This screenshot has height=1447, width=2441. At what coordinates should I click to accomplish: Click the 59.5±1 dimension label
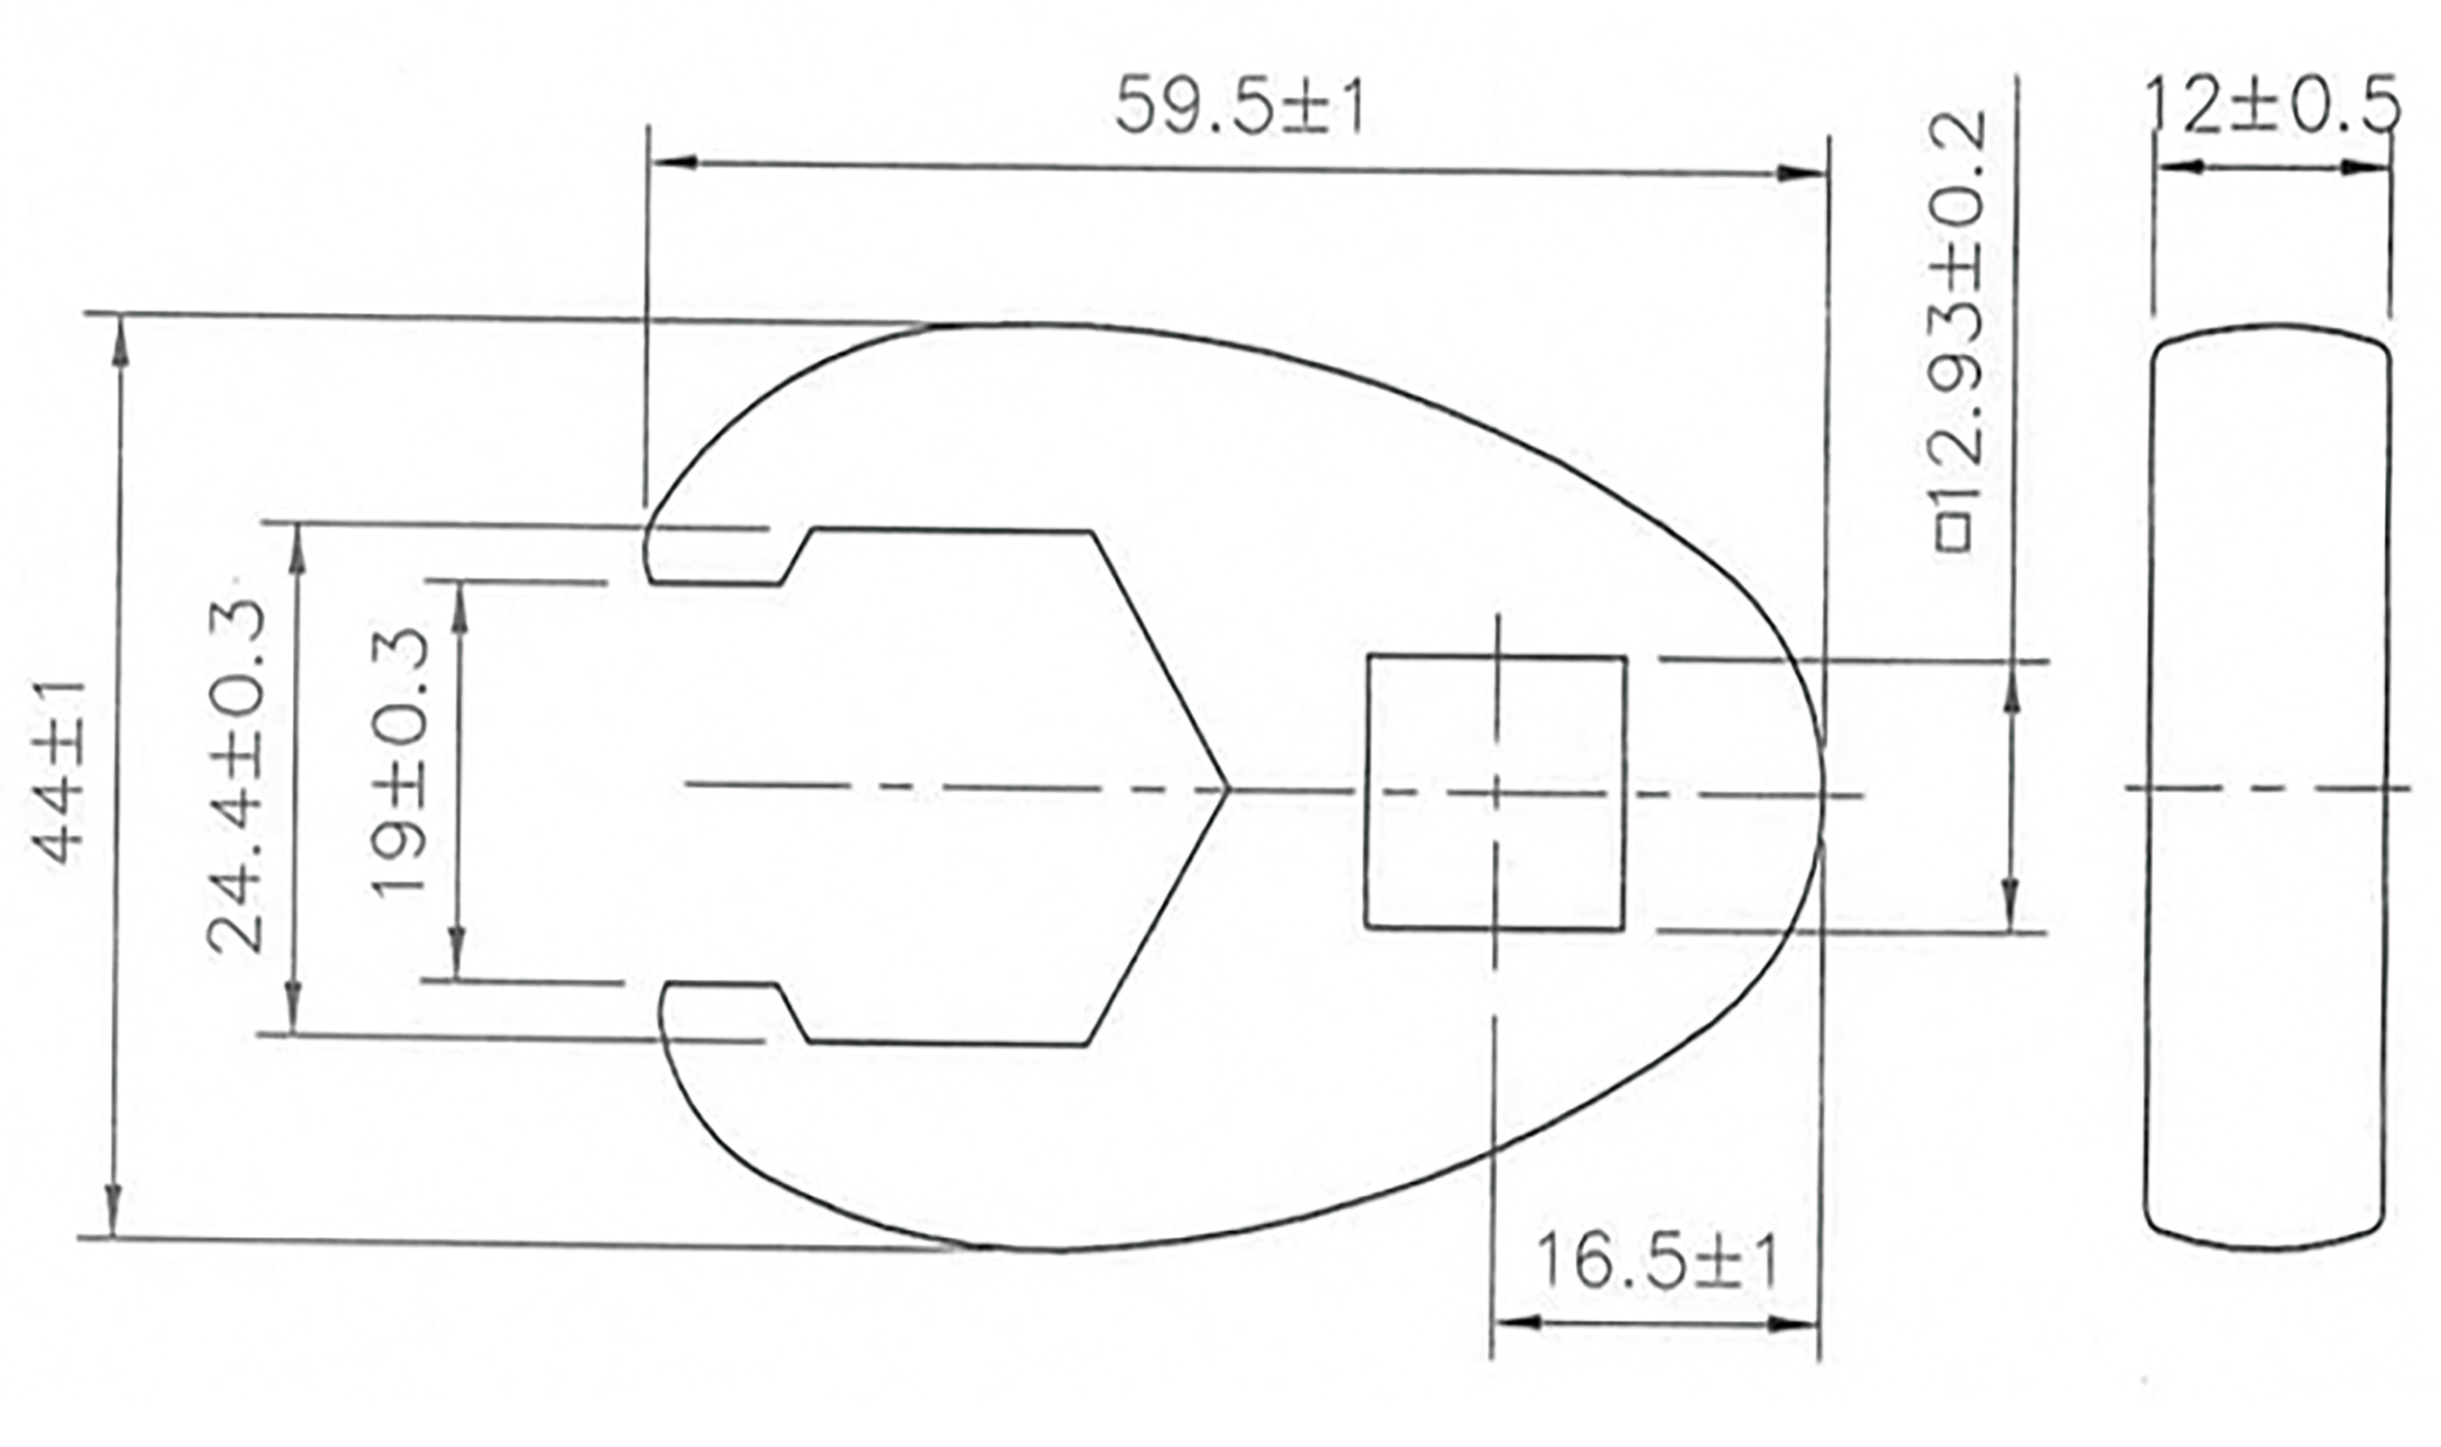pyautogui.click(x=1239, y=105)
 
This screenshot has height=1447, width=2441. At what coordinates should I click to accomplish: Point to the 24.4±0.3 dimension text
pyautogui.click(x=236, y=775)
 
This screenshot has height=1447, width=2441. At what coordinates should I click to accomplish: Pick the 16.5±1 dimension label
pyautogui.click(x=1656, y=1260)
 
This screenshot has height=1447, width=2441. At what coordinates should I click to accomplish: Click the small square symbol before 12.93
pyautogui.click(x=1954, y=533)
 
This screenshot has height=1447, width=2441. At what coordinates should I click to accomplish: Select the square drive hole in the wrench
pyautogui.click(x=1495, y=791)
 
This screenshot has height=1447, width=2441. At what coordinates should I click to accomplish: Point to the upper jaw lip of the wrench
pyautogui.click(x=712, y=557)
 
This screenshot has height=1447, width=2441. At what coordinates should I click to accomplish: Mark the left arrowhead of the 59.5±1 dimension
pyautogui.click(x=673, y=161)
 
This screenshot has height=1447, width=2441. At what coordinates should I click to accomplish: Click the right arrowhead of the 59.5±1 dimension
pyautogui.click(x=1805, y=173)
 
